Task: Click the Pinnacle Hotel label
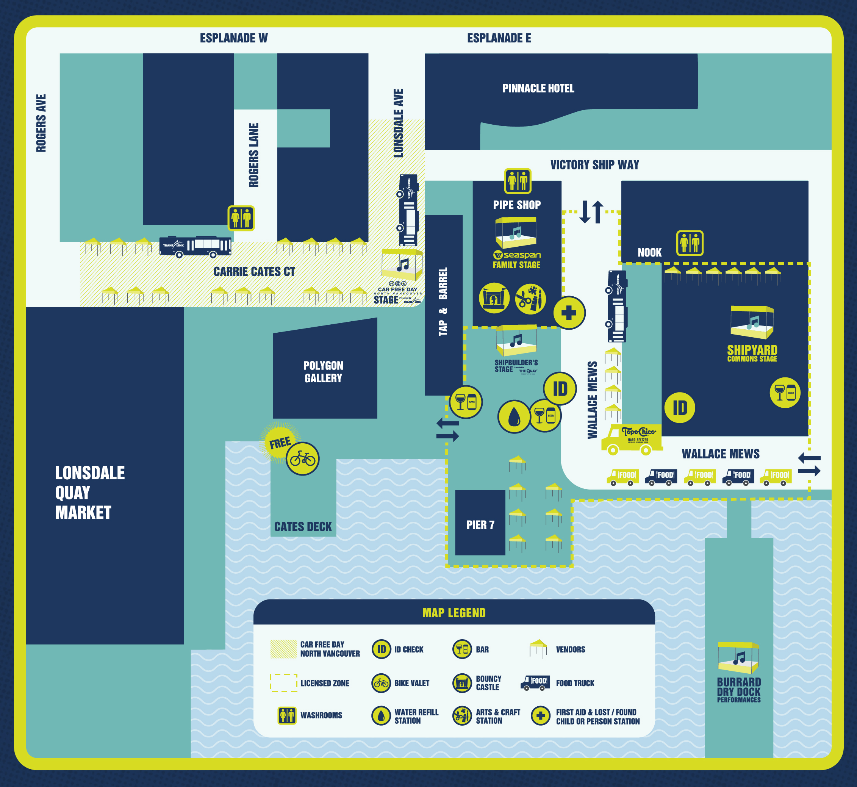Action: (x=538, y=88)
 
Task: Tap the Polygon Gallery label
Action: (x=323, y=372)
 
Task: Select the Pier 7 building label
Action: (x=480, y=525)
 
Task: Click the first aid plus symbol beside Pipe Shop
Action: (x=569, y=313)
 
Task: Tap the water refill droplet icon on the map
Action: (x=514, y=416)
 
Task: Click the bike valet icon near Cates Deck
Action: (x=302, y=458)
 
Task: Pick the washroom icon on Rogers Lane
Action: (x=241, y=218)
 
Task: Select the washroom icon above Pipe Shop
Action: (x=518, y=181)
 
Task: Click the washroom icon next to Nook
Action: (x=690, y=243)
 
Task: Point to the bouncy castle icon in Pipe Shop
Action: (x=494, y=298)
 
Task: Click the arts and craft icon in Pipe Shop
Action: (x=530, y=299)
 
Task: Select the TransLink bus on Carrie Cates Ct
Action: (x=195, y=247)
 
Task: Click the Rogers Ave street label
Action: (x=41, y=123)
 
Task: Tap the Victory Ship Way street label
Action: (x=594, y=165)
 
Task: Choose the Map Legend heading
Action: (x=454, y=613)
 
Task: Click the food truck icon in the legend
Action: (x=535, y=683)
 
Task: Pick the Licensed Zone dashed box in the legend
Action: (x=283, y=683)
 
